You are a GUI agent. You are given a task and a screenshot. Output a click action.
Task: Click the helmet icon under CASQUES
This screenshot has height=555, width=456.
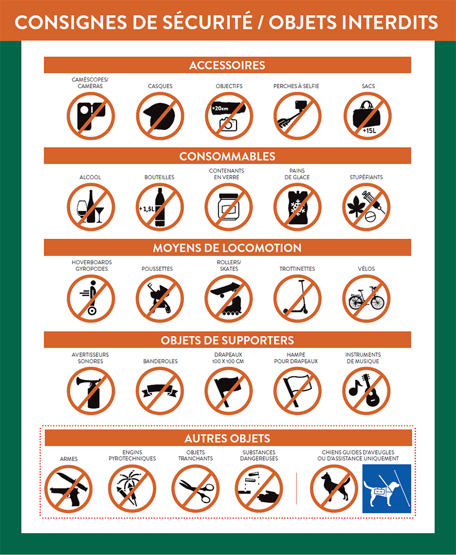tap(160, 116)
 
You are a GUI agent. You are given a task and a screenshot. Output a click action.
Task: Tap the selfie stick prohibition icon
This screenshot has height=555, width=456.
tap(298, 116)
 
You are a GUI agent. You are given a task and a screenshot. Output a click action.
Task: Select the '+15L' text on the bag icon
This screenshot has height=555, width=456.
tap(370, 130)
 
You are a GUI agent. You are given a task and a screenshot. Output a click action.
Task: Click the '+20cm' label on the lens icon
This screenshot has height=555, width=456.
tap(220, 108)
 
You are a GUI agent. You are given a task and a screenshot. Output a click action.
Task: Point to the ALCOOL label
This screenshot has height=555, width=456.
tap(90, 178)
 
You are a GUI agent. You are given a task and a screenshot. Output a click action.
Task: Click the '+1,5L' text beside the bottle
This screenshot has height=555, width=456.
tap(147, 209)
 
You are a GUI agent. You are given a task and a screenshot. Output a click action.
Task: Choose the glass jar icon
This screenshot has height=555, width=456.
tap(229, 207)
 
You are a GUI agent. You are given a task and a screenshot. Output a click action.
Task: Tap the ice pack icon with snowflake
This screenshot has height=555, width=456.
tap(298, 207)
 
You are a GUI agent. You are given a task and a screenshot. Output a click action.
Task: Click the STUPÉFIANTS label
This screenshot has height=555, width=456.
tap(366, 178)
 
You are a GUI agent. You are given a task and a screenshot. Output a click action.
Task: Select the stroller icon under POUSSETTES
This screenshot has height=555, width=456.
tap(160, 299)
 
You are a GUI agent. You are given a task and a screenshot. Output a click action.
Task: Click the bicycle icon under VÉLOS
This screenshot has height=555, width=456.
tap(366, 299)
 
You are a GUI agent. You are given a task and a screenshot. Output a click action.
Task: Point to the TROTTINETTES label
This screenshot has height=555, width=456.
tap(298, 269)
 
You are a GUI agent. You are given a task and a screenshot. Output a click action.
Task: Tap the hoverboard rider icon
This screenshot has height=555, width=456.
tap(91, 299)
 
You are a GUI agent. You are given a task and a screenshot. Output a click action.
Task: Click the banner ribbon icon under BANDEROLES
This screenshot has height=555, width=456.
tap(160, 391)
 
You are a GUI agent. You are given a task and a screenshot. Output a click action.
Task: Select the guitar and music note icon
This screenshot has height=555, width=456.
tap(366, 391)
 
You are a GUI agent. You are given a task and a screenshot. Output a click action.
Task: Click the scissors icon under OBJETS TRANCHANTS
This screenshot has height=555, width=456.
tap(196, 489)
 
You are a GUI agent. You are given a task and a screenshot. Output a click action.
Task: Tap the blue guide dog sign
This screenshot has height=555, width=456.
tap(387, 489)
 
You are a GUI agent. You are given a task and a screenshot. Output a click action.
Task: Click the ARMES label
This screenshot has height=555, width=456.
tap(69, 459)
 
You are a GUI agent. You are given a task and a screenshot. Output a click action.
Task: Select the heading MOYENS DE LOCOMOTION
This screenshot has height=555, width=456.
tap(227, 248)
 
